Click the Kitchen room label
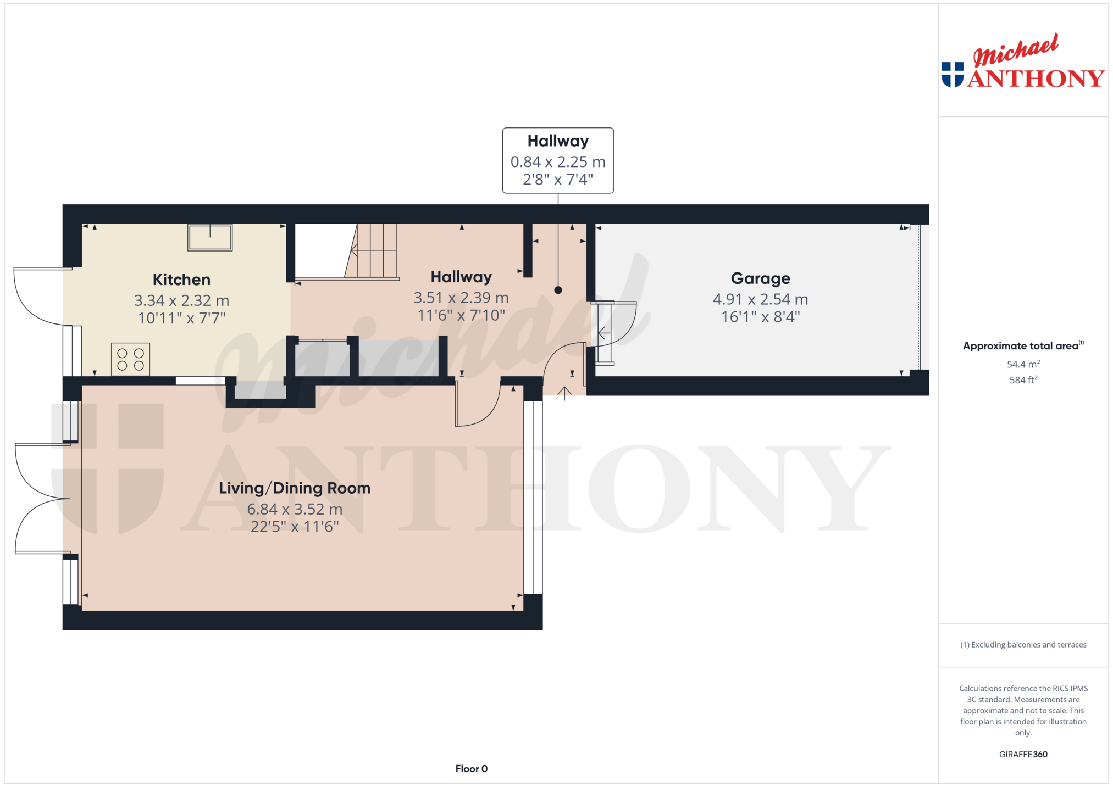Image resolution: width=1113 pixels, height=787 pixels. point(181,280)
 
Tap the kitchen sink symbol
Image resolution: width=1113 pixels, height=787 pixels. point(210,237)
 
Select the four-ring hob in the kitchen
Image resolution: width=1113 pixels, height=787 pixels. point(130,359)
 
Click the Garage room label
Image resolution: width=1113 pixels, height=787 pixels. point(760,278)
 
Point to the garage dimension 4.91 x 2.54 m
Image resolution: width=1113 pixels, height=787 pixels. point(760,299)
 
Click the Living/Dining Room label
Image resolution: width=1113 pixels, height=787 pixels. point(295,488)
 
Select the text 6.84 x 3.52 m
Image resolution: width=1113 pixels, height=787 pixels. point(295,509)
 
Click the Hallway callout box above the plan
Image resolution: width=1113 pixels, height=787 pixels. point(558,160)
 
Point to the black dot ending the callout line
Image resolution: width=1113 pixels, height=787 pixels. point(558,290)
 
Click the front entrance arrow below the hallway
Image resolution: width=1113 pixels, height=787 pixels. point(564,393)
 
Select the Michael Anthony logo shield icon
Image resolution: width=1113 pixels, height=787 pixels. point(953,75)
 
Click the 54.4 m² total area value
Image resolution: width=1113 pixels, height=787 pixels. point(1023,364)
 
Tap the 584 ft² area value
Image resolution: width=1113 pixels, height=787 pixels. point(1023,379)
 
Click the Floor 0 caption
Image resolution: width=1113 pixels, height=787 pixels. point(471,769)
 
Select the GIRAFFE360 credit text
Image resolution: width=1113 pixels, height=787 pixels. point(1023,755)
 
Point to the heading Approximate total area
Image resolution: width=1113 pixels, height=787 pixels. point(1021,346)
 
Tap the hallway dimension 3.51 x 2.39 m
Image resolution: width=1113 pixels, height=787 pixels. point(461,298)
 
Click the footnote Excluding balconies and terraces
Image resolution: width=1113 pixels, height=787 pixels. point(1023,645)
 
